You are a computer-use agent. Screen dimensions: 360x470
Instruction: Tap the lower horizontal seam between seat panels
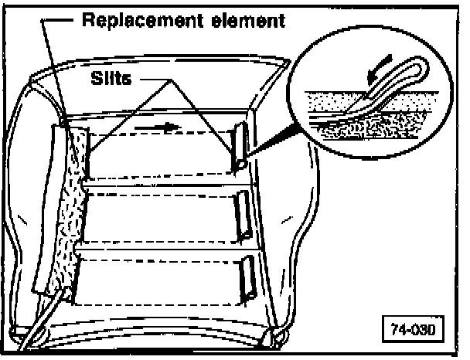[166, 249]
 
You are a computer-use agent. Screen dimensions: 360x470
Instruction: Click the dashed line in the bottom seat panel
[162, 262]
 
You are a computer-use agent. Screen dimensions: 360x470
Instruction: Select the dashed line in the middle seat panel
[162, 197]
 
